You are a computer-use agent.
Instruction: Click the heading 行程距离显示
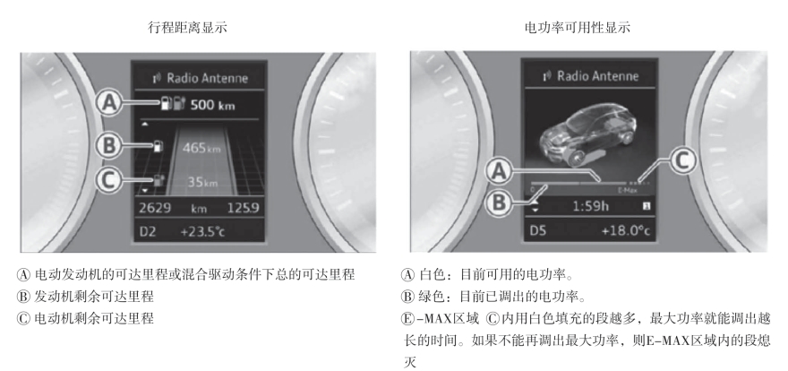tap(187, 27)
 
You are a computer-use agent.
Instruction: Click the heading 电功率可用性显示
tap(577, 27)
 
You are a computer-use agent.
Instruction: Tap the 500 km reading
tap(212, 106)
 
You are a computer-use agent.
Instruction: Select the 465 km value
tap(201, 148)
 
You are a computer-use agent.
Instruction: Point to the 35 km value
tap(202, 182)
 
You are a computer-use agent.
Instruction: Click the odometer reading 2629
tap(155, 208)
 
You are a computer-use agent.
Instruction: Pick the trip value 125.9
tap(244, 208)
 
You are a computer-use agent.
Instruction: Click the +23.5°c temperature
tap(202, 232)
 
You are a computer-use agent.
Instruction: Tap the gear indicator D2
tap(147, 232)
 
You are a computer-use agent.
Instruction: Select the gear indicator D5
tap(538, 230)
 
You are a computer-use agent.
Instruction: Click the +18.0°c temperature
tap(626, 230)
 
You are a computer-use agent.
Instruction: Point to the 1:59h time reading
tap(591, 206)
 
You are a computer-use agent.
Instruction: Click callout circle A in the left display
tap(109, 103)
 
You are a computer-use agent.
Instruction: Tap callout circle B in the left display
tap(109, 146)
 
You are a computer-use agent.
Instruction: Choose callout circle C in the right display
tap(681, 161)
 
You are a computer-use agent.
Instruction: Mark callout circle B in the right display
tap(499, 203)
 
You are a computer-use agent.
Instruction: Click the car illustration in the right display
tap(589, 135)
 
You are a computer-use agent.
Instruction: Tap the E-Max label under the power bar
tap(627, 191)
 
